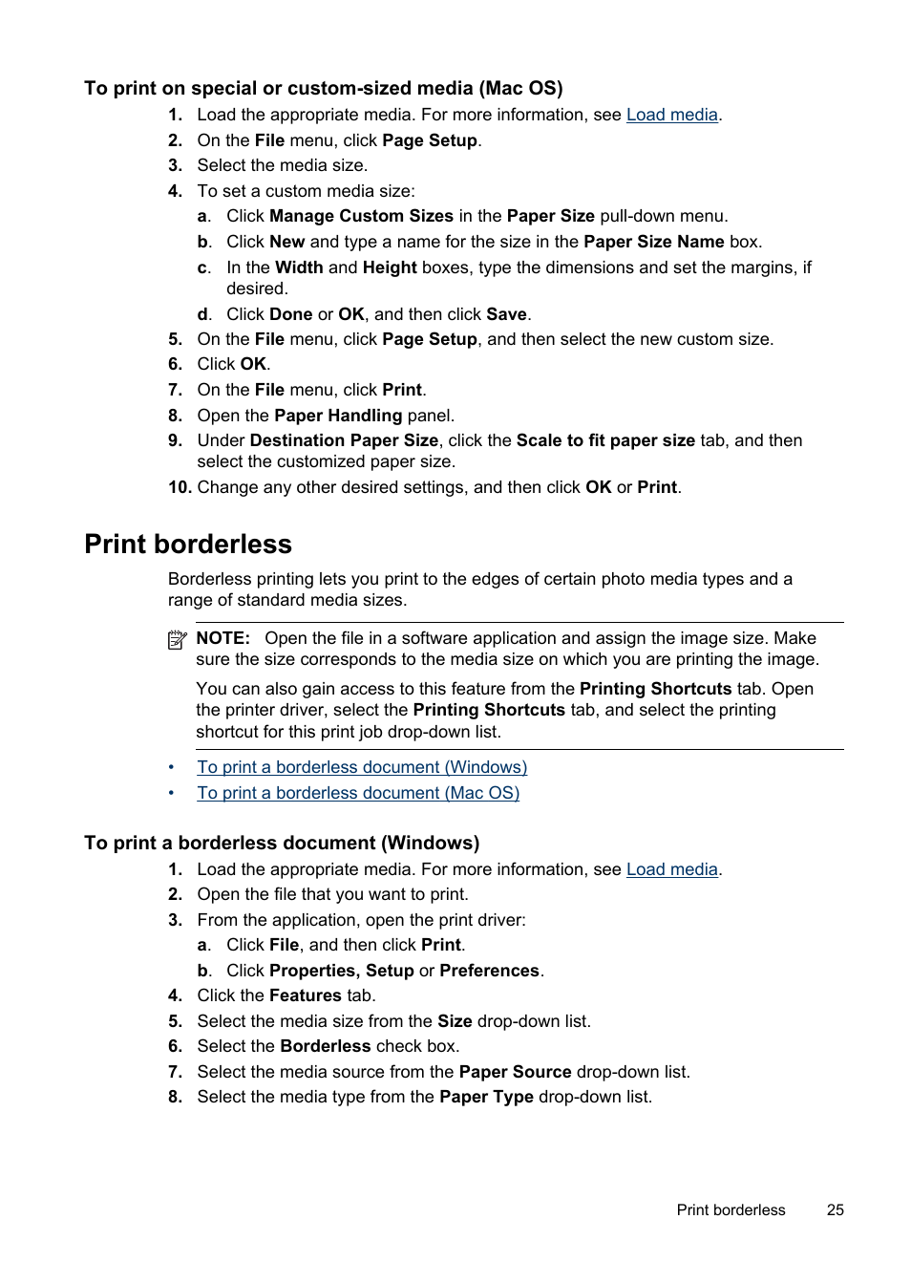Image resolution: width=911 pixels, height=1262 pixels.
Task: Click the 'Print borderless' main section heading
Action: click(x=188, y=544)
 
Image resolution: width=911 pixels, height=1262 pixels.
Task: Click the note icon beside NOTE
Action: click(x=177, y=640)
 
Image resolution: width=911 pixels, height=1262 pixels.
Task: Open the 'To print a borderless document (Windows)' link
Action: click(x=362, y=767)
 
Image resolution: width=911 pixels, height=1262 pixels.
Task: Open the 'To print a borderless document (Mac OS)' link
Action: click(x=358, y=793)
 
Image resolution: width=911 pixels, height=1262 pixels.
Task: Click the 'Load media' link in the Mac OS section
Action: click(x=671, y=115)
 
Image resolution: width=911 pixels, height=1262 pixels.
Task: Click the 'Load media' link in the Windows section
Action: click(x=671, y=869)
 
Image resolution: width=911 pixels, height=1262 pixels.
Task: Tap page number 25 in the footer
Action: click(x=835, y=1209)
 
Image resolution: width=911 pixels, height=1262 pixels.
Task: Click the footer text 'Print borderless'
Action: click(x=731, y=1209)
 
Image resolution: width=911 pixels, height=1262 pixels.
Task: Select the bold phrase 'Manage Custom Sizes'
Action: click(x=361, y=216)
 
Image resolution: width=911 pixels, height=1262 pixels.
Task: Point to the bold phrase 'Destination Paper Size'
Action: click(x=344, y=440)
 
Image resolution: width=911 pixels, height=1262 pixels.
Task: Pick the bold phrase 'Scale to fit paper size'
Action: click(x=605, y=440)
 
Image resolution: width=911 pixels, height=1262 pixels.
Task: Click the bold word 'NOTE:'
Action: click(x=223, y=638)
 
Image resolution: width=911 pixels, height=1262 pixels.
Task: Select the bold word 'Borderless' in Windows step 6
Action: click(x=325, y=1046)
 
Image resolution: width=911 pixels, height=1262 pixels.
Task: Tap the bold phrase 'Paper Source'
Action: click(x=515, y=1072)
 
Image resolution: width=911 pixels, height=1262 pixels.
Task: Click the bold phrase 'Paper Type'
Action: click(x=486, y=1097)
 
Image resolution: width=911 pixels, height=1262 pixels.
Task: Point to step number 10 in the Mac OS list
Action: click(x=180, y=487)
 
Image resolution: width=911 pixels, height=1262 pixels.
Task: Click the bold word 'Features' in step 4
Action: click(x=306, y=995)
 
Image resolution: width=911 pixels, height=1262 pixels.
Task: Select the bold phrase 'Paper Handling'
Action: click(x=338, y=416)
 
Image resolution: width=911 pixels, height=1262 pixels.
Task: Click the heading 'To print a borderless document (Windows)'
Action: click(x=282, y=843)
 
